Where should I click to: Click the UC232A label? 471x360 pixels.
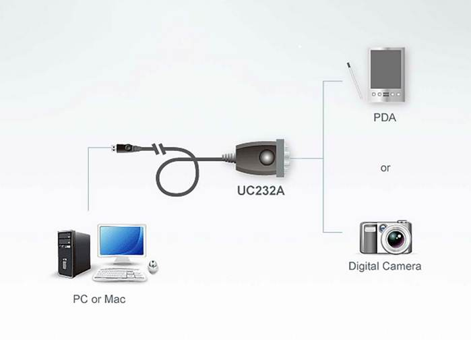click(x=261, y=191)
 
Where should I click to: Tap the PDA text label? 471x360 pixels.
click(x=385, y=117)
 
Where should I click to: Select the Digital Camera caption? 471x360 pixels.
click(x=385, y=266)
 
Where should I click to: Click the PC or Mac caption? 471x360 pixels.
click(x=99, y=299)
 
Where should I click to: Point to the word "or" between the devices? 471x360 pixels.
click(x=385, y=168)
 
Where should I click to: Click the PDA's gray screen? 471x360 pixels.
click(x=385, y=69)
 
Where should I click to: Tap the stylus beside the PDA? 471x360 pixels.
click(x=354, y=80)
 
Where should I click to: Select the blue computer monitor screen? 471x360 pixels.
click(x=122, y=241)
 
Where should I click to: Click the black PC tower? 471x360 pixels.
click(x=73, y=254)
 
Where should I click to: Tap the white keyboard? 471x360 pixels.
click(x=120, y=274)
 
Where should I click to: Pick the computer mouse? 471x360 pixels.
click(x=153, y=267)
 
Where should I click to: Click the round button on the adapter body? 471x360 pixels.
click(x=267, y=158)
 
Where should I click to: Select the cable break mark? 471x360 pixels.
click(x=159, y=149)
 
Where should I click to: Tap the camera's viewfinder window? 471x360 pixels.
click(x=370, y=230)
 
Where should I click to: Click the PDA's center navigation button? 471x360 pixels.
click(x=386, y=94)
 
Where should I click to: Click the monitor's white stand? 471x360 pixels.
click(x=121, y=261)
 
